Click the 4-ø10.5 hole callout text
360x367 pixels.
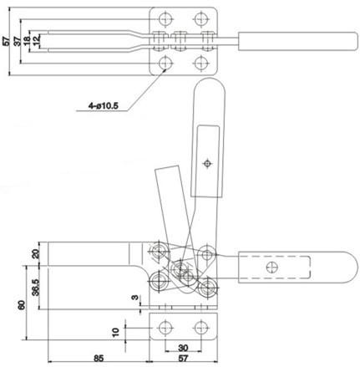pyautogui.click(x=104, y=106)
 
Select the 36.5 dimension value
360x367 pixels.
pyautogui.click(x=35, y=288)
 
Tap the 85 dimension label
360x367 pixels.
pyautogui.click(x=99, y=358)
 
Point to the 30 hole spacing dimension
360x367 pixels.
pyautogui.click(x=183, y=348)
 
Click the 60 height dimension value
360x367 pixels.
pyautogui.click(x=22, y=305)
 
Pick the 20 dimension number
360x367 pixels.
pyautogui.click(x=35, y=254)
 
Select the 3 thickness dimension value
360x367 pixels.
pyautogui.click(x=134, y=298)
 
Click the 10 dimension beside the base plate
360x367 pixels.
pyautogui.click(x=115, y=332)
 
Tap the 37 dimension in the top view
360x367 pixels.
pyautogui.click(x=18, y=41)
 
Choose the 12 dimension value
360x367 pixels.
pyautogui.click(x=37, y=41)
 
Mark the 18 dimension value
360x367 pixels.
pyautogui.click(x=27, y=41)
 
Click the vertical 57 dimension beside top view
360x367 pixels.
pyautogui.click(x=6, y=41)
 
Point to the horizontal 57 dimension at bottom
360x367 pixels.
pyautogui.click(x=183, y=358)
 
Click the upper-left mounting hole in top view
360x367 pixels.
pyautogui.click(x=165, y=19)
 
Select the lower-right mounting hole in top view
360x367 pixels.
pyautogui.click(x=200, y=64)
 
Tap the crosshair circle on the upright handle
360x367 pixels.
pyautogui.click(x=207, y=163)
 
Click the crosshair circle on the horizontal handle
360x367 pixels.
pyautogui.click(x=271, y=268)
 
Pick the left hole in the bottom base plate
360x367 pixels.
pyautogui.click(x=165, y=328)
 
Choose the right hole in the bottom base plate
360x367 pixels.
pyautogui.click(x=200, y=328)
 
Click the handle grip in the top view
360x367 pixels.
pyautogui.click(x=298, y=41)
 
